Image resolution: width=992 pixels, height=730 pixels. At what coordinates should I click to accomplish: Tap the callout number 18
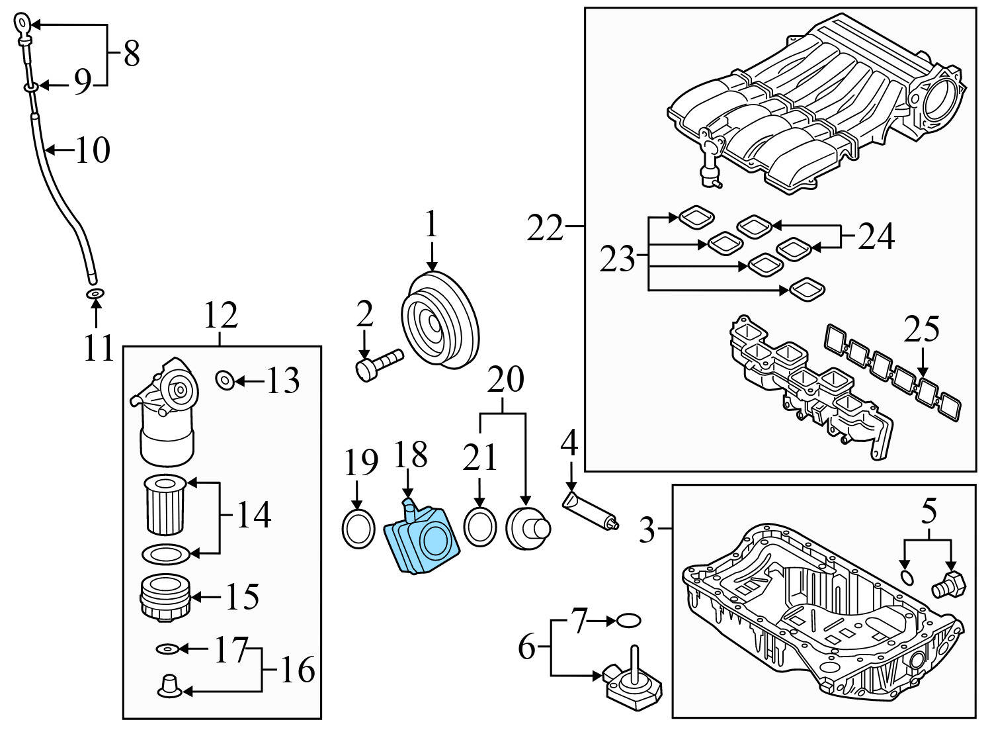(410, 455)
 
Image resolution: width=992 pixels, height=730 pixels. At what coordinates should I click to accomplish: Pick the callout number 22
(544, 230)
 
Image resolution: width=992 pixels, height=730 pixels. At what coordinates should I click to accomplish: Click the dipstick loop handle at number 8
(22, 26)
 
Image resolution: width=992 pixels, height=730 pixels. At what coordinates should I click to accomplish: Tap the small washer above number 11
(95, 293)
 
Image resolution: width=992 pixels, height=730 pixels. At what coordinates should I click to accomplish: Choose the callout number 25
(922, 329)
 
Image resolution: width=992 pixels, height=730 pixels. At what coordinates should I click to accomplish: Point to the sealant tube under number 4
(589, 510)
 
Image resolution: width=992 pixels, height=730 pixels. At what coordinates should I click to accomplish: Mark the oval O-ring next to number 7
(628, 621)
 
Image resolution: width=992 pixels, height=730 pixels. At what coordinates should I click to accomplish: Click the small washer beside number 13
(225, 380)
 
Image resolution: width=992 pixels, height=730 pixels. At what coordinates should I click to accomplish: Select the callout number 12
(220, 316)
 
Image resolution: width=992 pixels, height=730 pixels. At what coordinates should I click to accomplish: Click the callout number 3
(647, 529)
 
